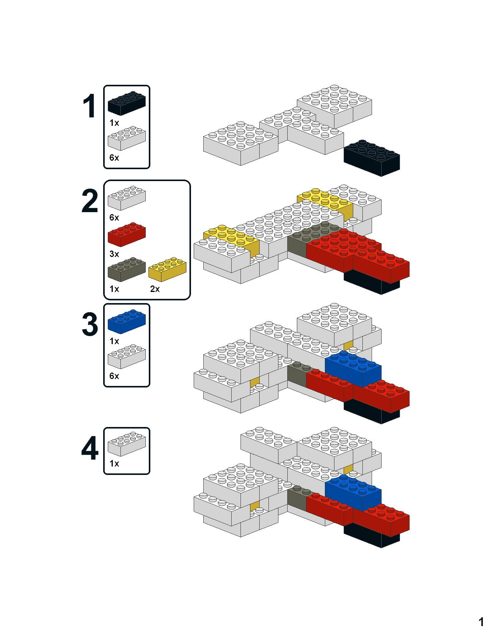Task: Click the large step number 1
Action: point(90,106)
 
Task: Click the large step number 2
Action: point(90,201)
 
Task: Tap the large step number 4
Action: point(90,448)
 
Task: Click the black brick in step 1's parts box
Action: point(127,103)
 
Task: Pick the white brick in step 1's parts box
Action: point(127,138)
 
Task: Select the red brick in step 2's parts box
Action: point(127,234)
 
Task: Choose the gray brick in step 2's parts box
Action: point(127,269)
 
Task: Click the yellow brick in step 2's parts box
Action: point(168,269)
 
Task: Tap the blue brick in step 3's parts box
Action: point(127,321)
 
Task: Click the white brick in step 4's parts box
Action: point(127,444)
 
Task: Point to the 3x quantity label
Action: point(114,254)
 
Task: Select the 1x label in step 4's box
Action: point(114,463)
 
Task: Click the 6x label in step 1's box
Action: point(114,158)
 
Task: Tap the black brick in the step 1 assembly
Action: point(372,158)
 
